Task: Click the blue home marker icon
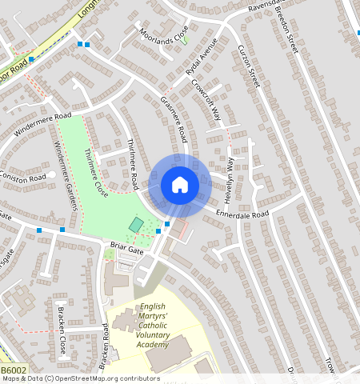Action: coord(180,186)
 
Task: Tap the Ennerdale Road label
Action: coord(244,214)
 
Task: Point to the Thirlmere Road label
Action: coord(133,163)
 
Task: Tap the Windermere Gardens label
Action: coord(66,175)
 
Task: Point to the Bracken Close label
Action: coord(61,330)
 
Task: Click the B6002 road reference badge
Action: coord(12,370)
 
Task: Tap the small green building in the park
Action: coord(137,226)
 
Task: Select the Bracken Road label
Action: coord(104,346)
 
